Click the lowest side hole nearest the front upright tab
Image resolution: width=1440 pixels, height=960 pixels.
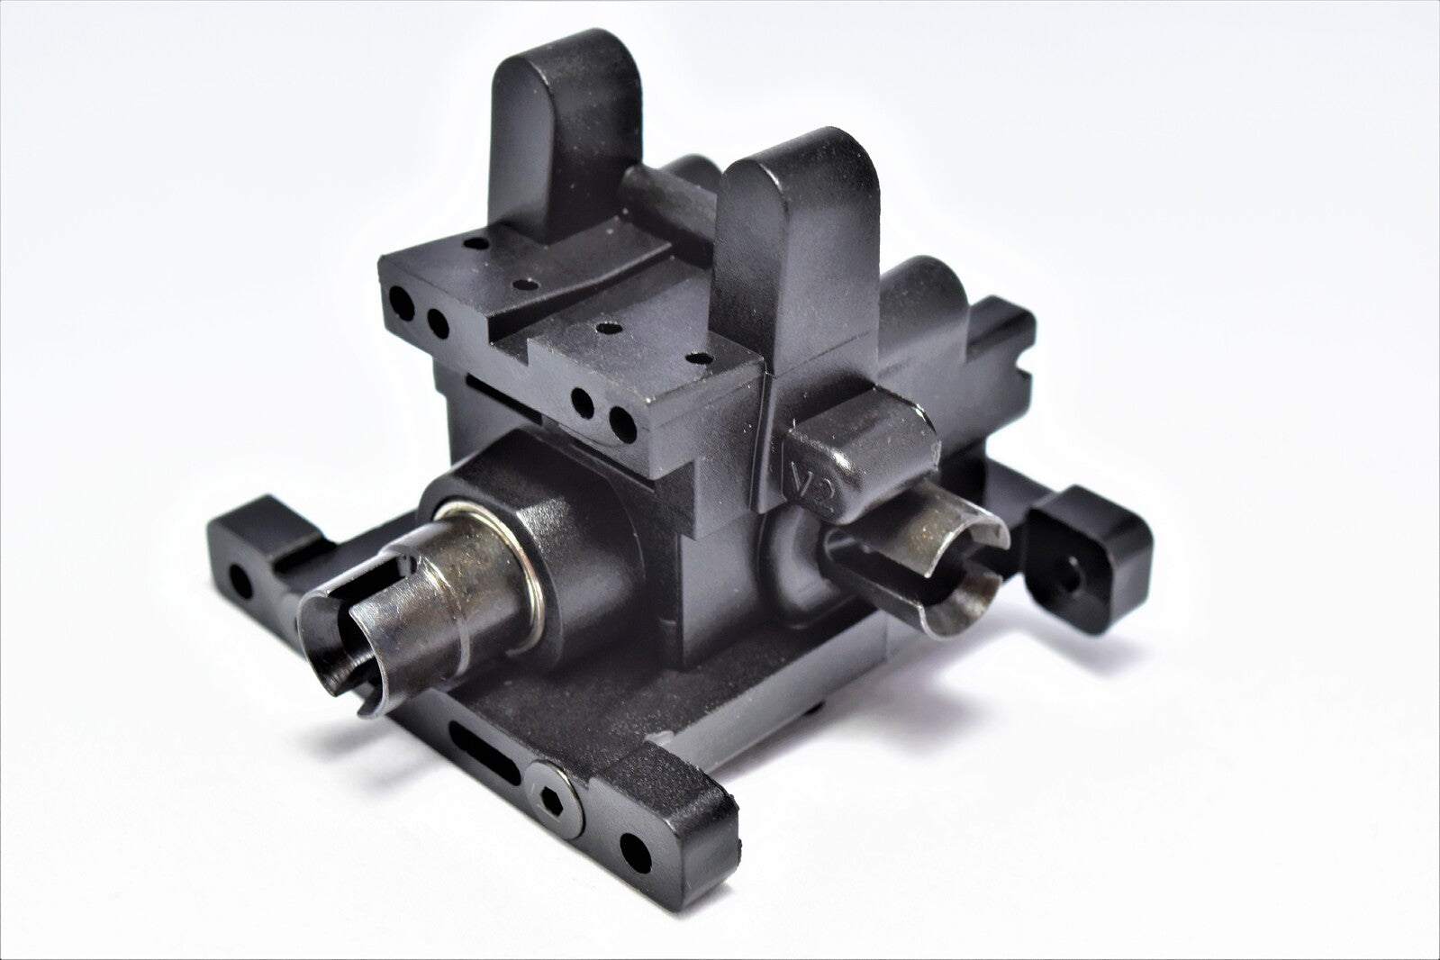[x=620, y=419]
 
